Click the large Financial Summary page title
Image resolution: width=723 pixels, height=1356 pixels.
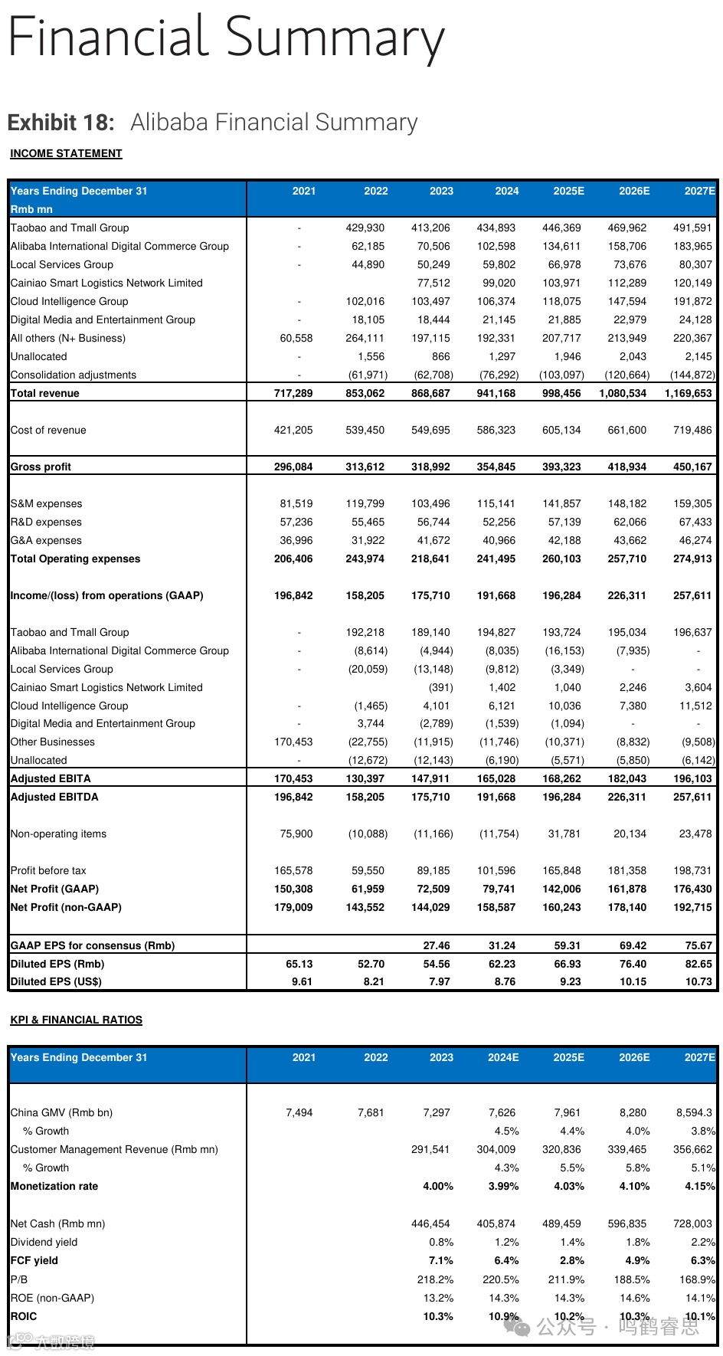tap(226, 38)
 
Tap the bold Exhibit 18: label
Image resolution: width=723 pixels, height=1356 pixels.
tap(61, 123)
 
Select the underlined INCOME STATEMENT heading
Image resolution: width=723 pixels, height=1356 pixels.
tap(66, 153)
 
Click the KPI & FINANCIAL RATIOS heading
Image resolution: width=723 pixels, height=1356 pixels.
tap(76, 1020)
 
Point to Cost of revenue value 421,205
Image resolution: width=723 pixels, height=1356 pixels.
tap(293, 430)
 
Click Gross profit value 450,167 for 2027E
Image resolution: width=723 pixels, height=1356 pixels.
tap(692, 467)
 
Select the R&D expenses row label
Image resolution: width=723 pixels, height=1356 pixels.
tap(46, 522)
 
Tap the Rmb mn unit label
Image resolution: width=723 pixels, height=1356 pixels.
tap(31, 209)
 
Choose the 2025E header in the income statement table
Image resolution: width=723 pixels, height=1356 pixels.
tap(568, 191)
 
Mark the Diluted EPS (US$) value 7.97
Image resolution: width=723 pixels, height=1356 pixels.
tap(440, 981)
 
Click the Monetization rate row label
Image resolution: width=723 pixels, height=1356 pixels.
tap(54, 1186)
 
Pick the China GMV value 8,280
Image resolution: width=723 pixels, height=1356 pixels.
tap(633, 1112)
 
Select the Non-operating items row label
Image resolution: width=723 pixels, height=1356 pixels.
tap(58, 834)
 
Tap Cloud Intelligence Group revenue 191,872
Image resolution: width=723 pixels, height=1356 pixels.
tap(692, 301)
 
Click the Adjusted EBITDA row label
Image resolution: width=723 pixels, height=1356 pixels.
tap(54, 797)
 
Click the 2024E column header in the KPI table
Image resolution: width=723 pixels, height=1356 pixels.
tap(503, 1057)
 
